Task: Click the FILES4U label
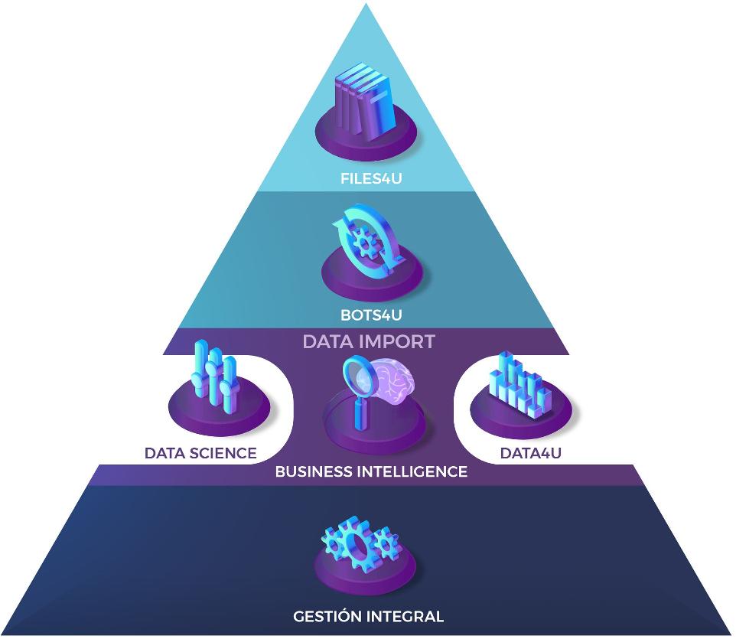coord(368,181)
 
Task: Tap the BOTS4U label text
coord(371,314)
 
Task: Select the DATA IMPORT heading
coord(369,341)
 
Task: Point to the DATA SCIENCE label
coord(200,453)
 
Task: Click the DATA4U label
coord(531,453)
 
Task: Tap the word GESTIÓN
coord(328,616)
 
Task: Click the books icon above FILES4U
coord(365,99)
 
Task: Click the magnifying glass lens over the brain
coord(356,376)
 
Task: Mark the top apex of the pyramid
coord(368,5)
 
